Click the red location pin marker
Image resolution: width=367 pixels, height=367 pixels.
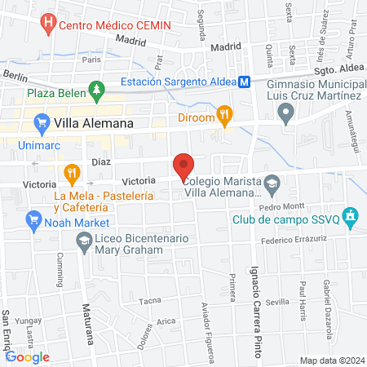184,166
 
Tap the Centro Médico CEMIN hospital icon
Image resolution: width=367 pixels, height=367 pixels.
46,24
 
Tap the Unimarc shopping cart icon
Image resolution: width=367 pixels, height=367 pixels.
41,123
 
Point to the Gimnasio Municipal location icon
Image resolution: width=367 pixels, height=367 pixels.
285,115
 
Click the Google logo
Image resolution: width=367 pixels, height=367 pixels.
28,356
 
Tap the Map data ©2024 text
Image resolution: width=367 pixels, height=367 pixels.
332,360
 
